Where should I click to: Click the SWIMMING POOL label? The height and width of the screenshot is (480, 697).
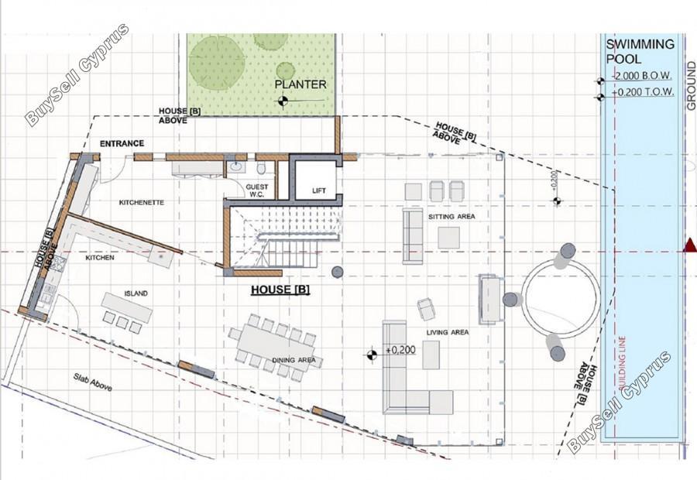(x=640, y=52)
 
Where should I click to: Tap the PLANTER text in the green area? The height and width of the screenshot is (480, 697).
(x=300, y=84)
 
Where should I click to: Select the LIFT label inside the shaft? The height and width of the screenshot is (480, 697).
(x=319, y=190)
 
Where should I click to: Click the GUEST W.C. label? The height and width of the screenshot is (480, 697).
(x=257, y=190)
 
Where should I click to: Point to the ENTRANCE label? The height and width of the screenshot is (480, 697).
(x=122, y=143)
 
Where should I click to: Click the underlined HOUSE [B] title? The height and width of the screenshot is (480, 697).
(x=280, y=290)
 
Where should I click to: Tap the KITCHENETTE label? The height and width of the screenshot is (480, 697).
(x=142, y=203)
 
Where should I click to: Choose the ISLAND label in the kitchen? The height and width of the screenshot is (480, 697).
(x=136, y=293)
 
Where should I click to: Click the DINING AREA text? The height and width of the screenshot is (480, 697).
(x=294, y=360)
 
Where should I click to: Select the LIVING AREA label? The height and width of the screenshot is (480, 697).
(x=447, y=332)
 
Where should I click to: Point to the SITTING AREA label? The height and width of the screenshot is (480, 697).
(x=452, y=217)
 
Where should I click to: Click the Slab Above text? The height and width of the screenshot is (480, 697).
(x=92, y=382)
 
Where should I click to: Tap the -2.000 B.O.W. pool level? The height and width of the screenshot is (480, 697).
(x=642, y=76)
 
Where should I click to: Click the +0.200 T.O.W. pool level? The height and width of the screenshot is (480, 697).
(x=643, y=92)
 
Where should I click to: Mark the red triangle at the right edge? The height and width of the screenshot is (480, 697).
(x=690, y=245)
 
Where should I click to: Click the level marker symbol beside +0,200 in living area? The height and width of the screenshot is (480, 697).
(x=372, y=355)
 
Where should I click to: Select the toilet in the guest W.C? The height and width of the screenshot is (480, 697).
(x=262, y=169)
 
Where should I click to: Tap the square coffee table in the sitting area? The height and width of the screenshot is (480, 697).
(x=448, y=238)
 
